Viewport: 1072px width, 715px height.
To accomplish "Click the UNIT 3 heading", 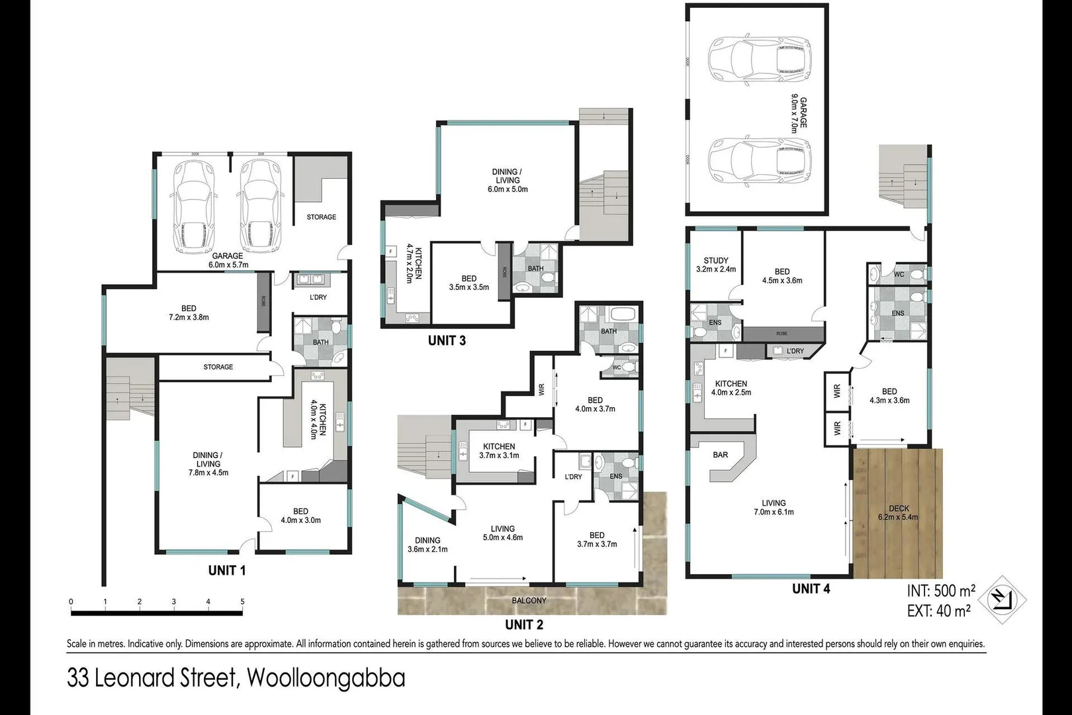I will pos(447,340).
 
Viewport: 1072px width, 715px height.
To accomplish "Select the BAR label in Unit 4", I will pos(721,455).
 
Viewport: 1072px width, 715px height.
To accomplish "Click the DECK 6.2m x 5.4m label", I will pos(898,513).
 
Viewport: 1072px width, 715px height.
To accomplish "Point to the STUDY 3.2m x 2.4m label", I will pos(716,265).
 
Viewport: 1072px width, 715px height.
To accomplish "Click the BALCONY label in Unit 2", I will pos(529,600).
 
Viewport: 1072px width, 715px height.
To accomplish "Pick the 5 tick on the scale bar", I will pos(242,602).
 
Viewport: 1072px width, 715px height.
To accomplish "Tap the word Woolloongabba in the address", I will pos(325,679).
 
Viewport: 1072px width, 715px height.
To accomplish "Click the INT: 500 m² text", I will pos(941,591).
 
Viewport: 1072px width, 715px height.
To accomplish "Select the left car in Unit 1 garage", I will pos(194,207).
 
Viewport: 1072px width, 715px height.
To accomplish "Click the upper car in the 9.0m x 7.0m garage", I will pos(758,58).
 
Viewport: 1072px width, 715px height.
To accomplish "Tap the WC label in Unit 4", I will pos(899,274).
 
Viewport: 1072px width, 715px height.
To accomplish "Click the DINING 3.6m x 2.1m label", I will pos(427,545).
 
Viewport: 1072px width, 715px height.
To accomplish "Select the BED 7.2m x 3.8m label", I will pos(189,312).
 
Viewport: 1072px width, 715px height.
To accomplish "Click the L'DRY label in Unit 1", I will pos(318,297).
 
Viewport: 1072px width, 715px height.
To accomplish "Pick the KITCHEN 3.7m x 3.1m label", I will pos(499,451).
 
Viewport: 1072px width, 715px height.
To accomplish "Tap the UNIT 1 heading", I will pos(227,570).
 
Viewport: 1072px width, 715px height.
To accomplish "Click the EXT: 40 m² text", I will pos(938,610).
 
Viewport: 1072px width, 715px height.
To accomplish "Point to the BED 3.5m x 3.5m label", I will pos(469,283).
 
